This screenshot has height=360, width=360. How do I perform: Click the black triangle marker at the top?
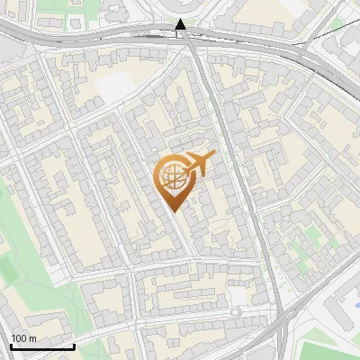click(x=180, y=24)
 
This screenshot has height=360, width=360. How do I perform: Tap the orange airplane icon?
click(x=196, y=166)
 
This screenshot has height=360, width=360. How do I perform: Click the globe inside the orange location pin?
click(x=171, y=177)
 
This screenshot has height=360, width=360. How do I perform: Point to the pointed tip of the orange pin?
click(x=174, y=210)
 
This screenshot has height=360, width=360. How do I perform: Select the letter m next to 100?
click(x=32, y=337)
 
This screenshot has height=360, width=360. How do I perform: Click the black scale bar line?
click(x=42, y=346)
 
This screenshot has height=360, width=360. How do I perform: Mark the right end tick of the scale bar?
click(x=74, y=345)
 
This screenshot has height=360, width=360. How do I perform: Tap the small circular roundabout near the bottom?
click(x=235, y=311)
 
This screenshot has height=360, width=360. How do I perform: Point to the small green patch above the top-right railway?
click(x=337, y=22)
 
